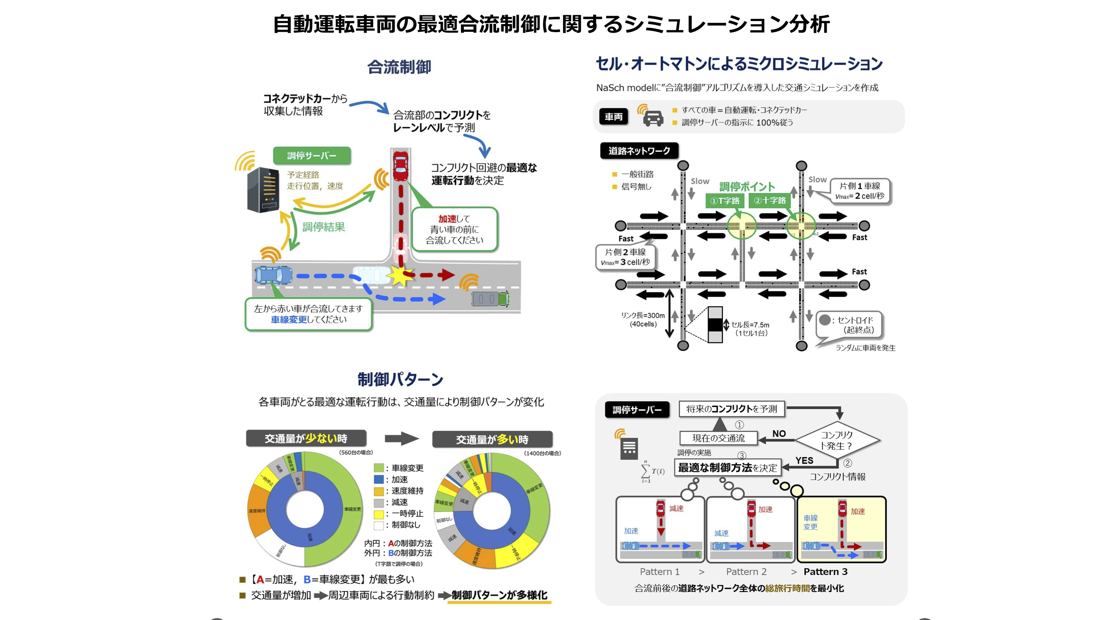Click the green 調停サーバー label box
[311, 156]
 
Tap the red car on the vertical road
[401, 166]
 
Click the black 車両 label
[613, 117]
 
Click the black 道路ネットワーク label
[639, 150]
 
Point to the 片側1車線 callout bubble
[860, 191]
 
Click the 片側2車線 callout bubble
[625, 257]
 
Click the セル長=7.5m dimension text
[750, 329]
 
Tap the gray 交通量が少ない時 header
[306, 439]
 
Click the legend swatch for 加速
[379, 479]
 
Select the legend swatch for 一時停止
[379, 513]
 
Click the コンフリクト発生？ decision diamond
[837, 440]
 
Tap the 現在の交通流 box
[718, 438]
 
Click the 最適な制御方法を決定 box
[727, 467]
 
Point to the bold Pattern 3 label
[825, 572]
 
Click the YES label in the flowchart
[804, 460]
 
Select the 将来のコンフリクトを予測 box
[732, 409]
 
